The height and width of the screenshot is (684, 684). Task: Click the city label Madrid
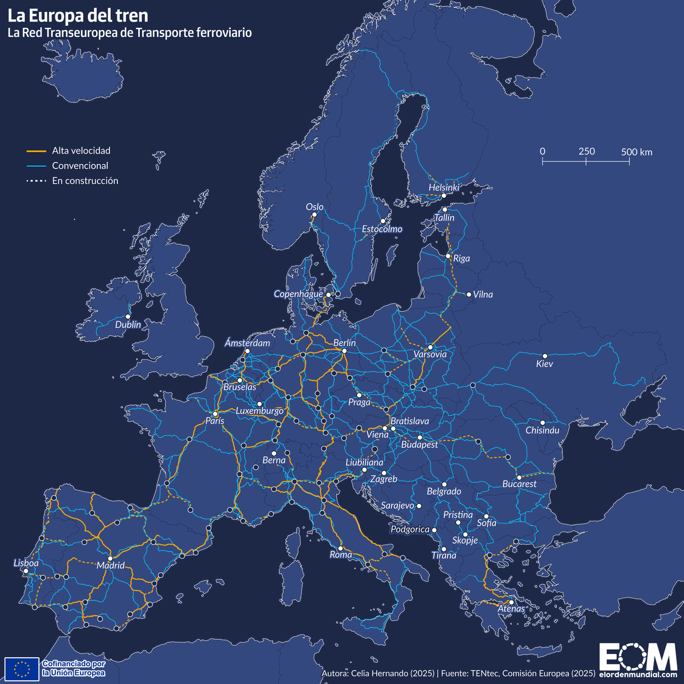pos(110,566)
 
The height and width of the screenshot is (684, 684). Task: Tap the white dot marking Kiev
pos(545,356)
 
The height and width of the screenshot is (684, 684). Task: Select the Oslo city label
pos(315,207)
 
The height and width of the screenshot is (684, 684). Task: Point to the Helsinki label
pos(444,187)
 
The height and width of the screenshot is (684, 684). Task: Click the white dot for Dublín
pos(128,316)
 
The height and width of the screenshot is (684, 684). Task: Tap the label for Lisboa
pos(26,563)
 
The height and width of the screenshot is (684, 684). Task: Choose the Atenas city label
pos(511,609)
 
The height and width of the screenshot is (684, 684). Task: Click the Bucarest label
pos(519,484)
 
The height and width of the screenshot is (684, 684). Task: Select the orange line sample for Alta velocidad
pos(37,151)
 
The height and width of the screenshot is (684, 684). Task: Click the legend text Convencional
pos(80,166)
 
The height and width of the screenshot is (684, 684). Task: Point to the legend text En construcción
pos(85,180)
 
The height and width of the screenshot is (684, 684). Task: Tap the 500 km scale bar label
pos(636,152)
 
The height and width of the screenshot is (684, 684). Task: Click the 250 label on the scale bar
pos(587,152)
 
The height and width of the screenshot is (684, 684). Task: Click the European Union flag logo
pos(22,669)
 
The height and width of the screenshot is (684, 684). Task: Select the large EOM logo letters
pos(638,657)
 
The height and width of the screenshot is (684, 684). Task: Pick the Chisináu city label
pos(542,430)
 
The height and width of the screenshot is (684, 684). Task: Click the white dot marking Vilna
pos(469,294)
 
